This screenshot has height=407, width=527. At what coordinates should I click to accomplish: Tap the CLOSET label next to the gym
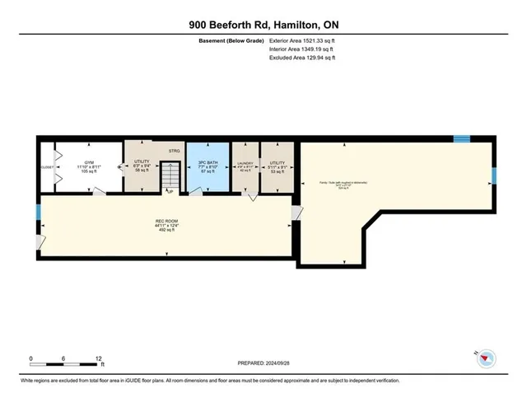click(x=47, y=168)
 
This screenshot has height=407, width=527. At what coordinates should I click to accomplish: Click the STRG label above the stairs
click(x=174, y=151)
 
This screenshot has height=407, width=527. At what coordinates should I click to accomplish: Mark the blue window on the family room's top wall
click(x=463, y=138)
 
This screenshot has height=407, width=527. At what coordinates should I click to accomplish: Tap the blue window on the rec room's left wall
click(x=38, y=213)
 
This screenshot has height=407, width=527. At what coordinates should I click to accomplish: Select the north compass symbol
click(x=487, y=356)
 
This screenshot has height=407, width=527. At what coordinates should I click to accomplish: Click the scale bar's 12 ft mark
click(x=99, y=359)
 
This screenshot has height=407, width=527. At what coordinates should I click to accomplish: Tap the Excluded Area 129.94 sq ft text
click(x=302, y=58)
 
